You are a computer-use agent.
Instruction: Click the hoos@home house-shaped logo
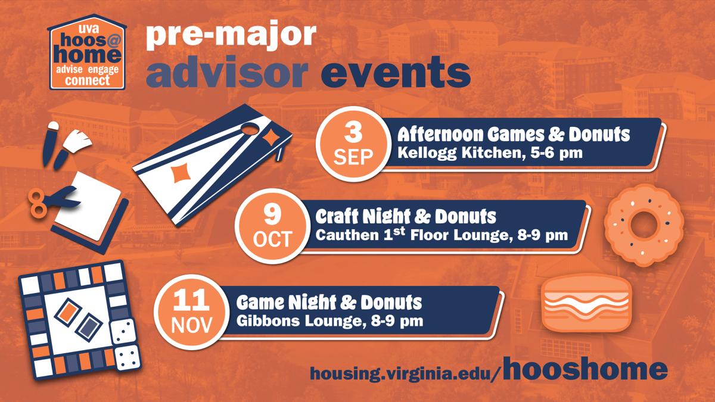coord(87,52)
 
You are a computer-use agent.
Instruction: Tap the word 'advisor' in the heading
coord(227,72)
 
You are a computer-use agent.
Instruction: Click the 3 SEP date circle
coord(353,144)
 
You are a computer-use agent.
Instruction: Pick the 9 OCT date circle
coord(273,226)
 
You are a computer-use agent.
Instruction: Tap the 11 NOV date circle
coord(191,312)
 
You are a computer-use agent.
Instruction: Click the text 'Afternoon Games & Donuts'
coord(514,135)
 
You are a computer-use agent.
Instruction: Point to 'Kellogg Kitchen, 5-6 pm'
coord(490,153)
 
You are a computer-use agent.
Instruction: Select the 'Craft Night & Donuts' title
coord(406,217)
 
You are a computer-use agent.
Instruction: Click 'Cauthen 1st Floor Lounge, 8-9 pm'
coord(442,235)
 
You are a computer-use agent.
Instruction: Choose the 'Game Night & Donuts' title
coord(329,302)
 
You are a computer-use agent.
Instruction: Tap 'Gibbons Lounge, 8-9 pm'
coord(329,320)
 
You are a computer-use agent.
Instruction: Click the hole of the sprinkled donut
coord(644,225)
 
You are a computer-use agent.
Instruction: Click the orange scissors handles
coord(37,203)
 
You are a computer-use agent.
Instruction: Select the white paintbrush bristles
coord(78,140)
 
